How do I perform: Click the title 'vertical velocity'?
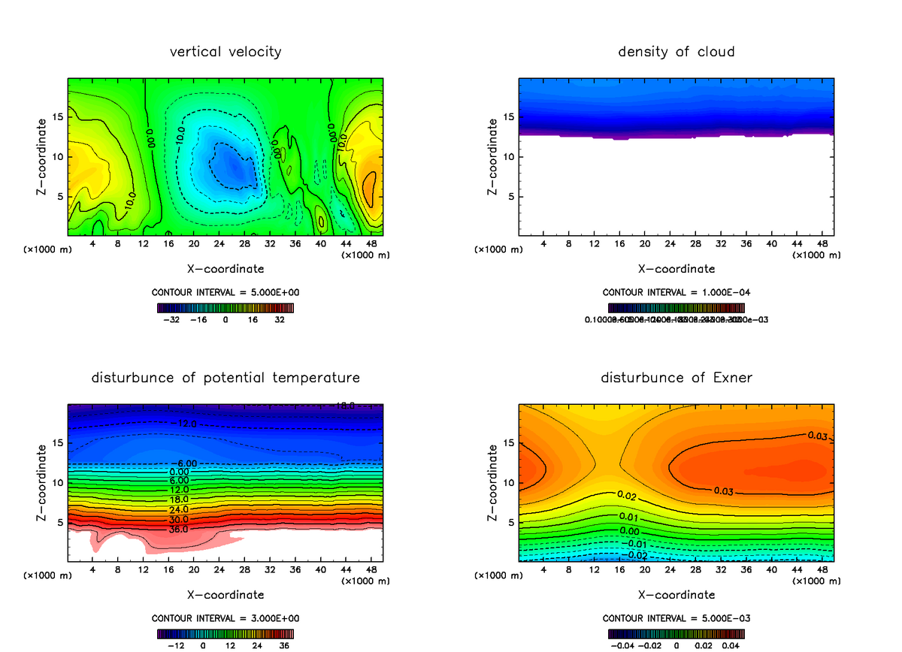click(225, 52)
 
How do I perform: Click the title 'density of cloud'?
click(676, 52)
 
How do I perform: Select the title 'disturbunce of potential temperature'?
click(225, 377)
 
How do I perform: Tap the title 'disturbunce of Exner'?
click(676, 377)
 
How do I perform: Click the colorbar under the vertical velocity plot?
click(225, 307)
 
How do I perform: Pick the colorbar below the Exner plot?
click(676, 633)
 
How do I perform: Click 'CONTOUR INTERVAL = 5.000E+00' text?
click(225, 292)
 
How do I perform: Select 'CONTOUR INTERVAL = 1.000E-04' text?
click(676, 292)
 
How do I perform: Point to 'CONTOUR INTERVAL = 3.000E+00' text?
click(225, 618)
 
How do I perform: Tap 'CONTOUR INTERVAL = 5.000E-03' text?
click(676, 618)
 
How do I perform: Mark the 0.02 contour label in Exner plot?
click(627, 495)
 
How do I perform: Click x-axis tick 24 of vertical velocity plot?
click(219, 243)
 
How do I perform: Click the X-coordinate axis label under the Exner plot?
click(676, 594)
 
